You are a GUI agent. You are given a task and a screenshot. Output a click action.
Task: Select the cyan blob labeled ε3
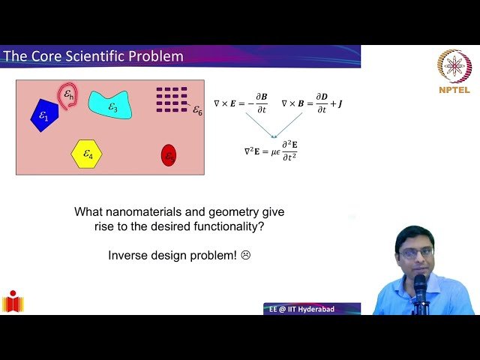click(x=111, y=104)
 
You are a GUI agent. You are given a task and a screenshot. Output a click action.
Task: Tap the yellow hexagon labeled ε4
click(x=87, y=154)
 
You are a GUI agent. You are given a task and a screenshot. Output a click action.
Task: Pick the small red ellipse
click(x=169, y=155)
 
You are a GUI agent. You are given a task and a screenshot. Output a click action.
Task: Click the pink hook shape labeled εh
click(x=67, y=96)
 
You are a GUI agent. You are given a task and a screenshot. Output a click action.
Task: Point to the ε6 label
click(x=197, y=110)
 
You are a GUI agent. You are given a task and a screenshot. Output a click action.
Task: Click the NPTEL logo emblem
click(x=454, y=67)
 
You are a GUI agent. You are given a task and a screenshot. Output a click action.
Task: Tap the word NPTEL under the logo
click(x=454, y=90)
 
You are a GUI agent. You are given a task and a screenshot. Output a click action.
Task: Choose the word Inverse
click(x=127, y=255)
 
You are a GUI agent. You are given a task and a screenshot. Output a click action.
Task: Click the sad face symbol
click(x=245, y=255)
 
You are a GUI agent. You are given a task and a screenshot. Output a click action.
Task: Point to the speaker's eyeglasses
click(x=416, y=253)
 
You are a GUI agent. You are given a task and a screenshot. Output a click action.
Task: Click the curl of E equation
click(x=240, y=103)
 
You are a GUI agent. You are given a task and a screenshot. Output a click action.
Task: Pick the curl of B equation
click(x=312, y=103)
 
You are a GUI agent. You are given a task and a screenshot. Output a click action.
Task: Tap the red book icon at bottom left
click(x=13, y=301)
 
